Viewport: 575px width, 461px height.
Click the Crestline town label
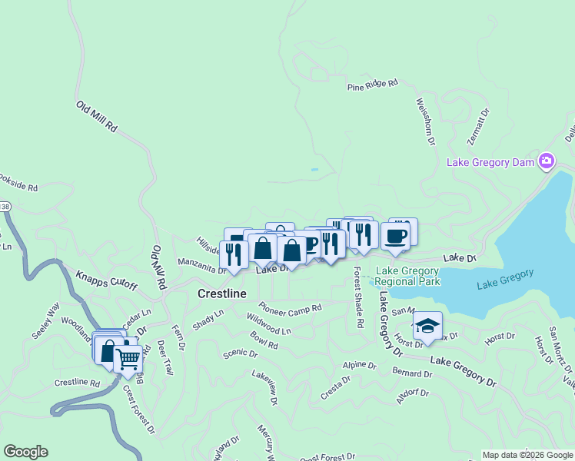click(x=222, y=294)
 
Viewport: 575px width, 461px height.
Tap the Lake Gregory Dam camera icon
click(x=547, y=161)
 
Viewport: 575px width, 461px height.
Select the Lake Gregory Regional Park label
click(x=407, y=276)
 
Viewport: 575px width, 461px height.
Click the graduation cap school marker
click(x=427, y=326)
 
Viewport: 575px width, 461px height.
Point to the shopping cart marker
click(x=128, y=357)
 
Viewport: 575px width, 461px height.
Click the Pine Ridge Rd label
click(x=373, y=85)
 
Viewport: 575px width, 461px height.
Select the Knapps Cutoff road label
click(x=106, y=280)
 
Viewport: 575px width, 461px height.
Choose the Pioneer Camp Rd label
click(x=290, y=307)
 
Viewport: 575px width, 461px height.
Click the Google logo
click(x=25, y=452)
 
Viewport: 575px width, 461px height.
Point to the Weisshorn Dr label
click(x=425, y=121)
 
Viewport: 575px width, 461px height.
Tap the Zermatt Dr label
click(x=477, y=127)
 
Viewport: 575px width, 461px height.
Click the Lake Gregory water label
click(x=505, y=280)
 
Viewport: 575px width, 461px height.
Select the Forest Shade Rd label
click(x=357, y=298)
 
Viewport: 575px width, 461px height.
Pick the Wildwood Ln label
click(x=269, y=323)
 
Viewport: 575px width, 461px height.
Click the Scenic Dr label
click(x=240, y=353)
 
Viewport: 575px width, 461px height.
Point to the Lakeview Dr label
click(x=264, y=386)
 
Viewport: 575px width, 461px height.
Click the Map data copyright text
click(x=527, y=455)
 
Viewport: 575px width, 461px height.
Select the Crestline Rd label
click(x=77, y=383)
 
